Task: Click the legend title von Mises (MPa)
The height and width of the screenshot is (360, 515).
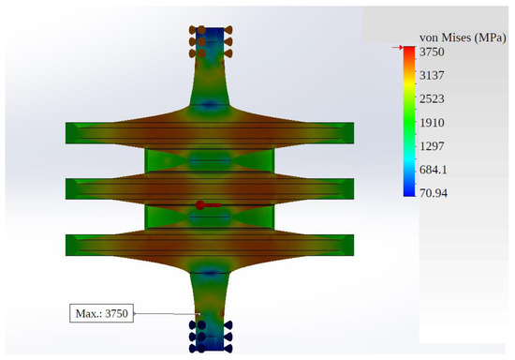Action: [463, 37]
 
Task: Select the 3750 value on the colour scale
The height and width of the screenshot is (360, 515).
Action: [432, 52]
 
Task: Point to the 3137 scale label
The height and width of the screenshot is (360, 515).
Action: [432, 75]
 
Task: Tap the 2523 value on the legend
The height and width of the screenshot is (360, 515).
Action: [432, 98]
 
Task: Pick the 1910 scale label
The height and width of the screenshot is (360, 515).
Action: [432, 123]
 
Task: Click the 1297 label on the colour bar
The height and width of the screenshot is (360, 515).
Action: [432, 146]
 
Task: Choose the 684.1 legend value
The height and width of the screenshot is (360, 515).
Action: [434, 170]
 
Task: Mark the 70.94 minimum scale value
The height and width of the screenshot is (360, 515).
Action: [434, 193]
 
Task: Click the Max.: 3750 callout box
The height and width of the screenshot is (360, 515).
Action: [101, 313]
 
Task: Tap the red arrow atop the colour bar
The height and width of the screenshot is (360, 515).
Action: [397, 48]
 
